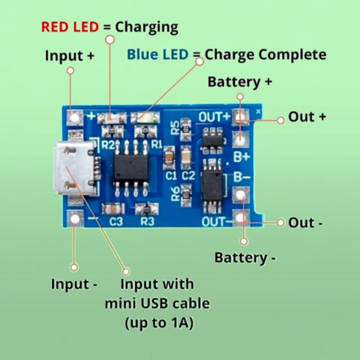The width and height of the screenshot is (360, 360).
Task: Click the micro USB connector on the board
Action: click(x=75, y=169)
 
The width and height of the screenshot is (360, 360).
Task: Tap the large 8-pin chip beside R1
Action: click(x=131, y=168)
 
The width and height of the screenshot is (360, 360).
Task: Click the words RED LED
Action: click(x=70, y=27)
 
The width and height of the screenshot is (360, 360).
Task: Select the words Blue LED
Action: click(x=157, y=54)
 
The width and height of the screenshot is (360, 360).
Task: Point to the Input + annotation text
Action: click(x=70, y=55)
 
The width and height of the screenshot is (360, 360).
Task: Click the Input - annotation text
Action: click(x=74, y=284)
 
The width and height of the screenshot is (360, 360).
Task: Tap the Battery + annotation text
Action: click(x=240, y=82)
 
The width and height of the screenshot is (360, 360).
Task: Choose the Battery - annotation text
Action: click(x=245, y=258)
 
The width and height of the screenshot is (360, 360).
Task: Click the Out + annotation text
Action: click(x=307, y=116)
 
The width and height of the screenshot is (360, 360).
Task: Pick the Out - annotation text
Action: click(x=305, y=223)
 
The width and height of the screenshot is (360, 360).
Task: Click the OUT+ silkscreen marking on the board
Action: click(x=214, y=117)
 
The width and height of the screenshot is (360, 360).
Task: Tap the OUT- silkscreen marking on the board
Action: click(x=217, y=221)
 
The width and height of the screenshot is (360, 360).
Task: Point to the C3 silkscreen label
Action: click(x=116, y=221)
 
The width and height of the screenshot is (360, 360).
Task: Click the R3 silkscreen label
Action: click(x=147, y=221)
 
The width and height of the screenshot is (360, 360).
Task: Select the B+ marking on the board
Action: click(x=241, y=157)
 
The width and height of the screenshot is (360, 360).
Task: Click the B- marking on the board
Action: click(x=241, y=177)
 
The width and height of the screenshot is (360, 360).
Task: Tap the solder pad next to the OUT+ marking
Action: click(x=241, y=117)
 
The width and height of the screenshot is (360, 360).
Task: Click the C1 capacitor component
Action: click(x=169, y=157)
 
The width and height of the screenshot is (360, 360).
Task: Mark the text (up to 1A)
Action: click(x=159, y=323)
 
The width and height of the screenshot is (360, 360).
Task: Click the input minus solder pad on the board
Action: click(x=75, y=219)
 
